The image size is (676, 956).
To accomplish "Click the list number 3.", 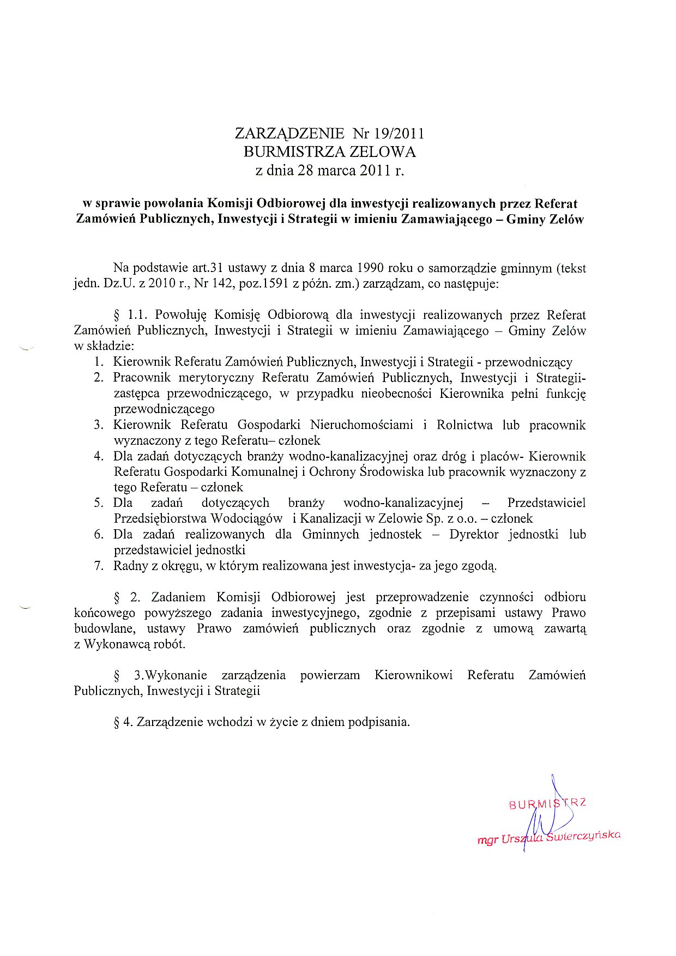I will (x=99, y=425).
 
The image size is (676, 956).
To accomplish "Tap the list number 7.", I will (x=99, y=566).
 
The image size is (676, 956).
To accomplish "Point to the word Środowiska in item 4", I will (x=393, y=472).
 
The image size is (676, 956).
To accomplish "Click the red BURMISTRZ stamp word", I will (x=547, y=803).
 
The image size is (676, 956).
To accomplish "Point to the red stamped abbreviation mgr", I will (x=487, y=840).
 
